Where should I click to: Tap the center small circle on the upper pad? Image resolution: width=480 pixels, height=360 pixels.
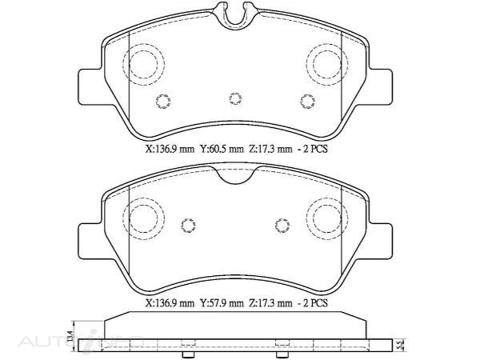click(x=234, y=98)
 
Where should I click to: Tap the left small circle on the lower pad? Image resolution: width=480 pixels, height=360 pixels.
click(x=189, y=225)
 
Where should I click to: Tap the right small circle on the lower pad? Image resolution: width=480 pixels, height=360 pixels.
click(x=281, y=225)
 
